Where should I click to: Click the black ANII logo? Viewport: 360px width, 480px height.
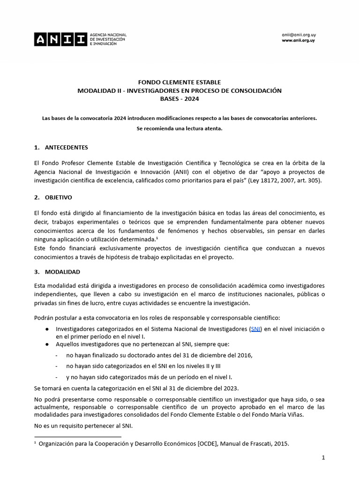coord(60,39)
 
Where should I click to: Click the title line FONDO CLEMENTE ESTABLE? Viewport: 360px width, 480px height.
coord(180,82)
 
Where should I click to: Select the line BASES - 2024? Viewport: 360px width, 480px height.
coord(180,98)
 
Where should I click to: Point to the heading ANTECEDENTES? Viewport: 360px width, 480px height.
coord(66,147)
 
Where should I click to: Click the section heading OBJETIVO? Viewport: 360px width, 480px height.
coord(59,197)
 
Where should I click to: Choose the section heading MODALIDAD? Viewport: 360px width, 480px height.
coord(62,271)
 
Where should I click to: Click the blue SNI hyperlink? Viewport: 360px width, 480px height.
coord(256,329)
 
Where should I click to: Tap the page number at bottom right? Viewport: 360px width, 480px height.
coord(323,457)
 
